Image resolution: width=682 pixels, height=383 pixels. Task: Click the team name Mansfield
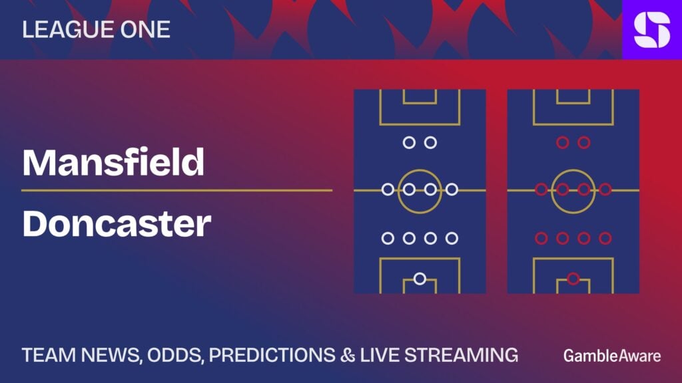[113, 162]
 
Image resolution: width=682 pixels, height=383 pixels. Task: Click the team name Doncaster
[117, 223]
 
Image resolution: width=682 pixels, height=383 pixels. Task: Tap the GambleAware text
[612, 356]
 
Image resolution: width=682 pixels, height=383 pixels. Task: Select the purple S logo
[652, 29]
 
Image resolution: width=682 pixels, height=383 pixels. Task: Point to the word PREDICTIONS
[272, 355]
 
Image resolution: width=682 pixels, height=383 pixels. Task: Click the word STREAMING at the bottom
[462, 355]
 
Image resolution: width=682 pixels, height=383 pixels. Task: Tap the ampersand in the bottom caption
[348, 355]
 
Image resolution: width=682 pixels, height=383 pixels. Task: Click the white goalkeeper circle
[420, 279]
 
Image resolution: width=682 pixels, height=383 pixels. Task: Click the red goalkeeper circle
[573, 279]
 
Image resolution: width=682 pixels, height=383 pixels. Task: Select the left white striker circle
[409, 142]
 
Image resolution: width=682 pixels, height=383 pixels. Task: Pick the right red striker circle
[584, 142]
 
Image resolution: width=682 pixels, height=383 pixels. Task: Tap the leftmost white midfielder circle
[388, 190]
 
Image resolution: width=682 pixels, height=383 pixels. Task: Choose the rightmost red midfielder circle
[605, 190]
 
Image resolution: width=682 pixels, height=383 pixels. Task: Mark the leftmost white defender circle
[388, 238]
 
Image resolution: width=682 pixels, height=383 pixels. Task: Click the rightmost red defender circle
[605, 238]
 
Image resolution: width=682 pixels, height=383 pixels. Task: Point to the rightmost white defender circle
[452, 238]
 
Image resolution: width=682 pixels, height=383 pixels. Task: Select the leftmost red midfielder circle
[541, 190]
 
